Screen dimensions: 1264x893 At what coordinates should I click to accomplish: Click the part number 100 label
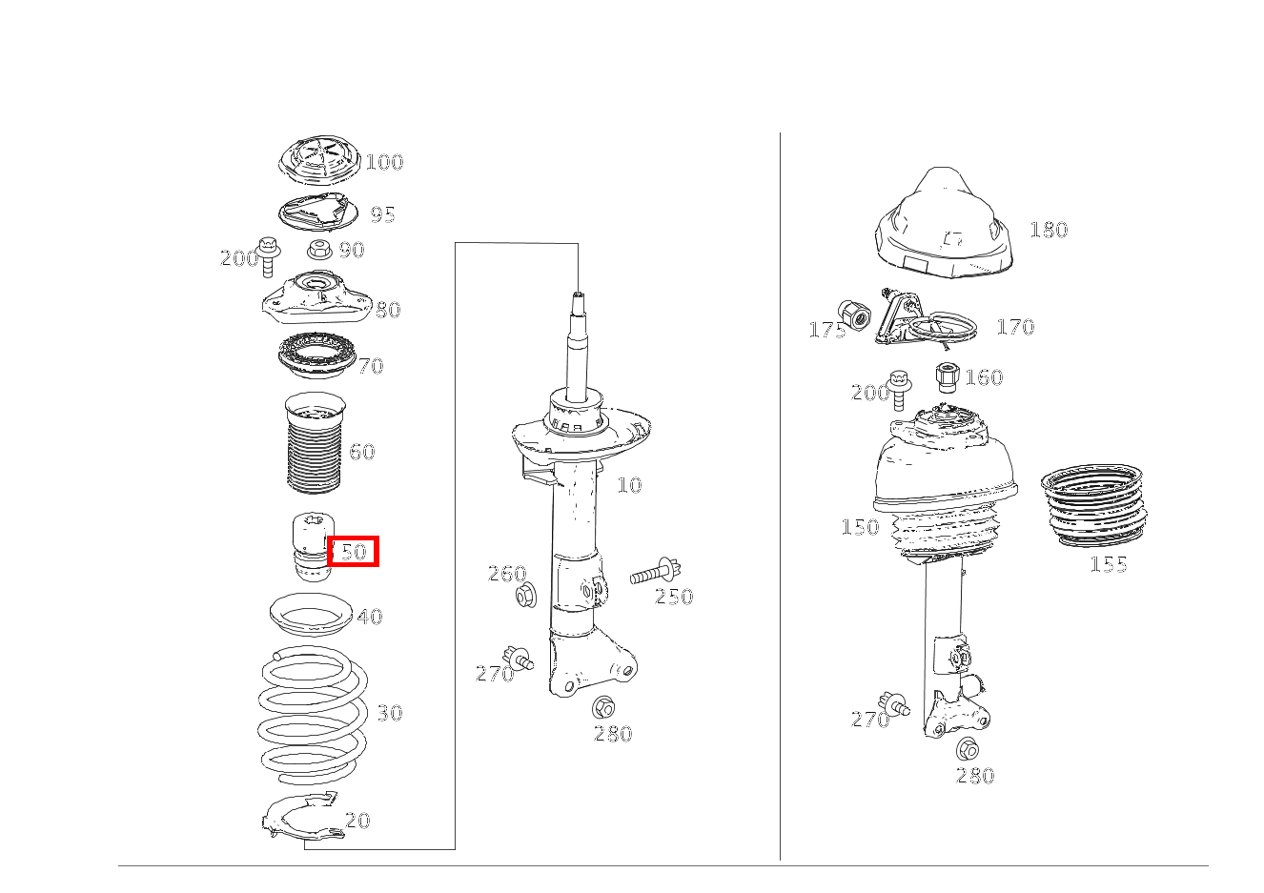click(x=384, y=162)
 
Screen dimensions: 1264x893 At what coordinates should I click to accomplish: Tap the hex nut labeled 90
click(x=319, y=249)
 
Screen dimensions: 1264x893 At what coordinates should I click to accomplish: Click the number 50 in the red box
click(x=354, y=551)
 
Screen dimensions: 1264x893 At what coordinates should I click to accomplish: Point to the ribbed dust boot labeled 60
click(x=315, y=443)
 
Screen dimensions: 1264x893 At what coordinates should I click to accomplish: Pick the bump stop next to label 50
click(x=313, y=546)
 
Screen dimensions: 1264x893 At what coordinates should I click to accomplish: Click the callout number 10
click(x=629, y=485)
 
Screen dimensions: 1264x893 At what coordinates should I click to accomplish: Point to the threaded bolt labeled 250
click(x=656, y=573)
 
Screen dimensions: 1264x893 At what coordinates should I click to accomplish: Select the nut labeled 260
click(x=526, y=596)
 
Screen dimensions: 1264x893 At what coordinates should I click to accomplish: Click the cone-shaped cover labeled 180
click(x=944, y=226)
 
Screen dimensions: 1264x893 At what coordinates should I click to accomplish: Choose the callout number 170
click(x=1016, y=327)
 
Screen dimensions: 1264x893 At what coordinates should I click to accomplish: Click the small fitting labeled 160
click(x=948, y=377)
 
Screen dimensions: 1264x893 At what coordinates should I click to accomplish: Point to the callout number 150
click(x=860, y=527)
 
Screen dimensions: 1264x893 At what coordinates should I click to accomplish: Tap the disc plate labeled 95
click(x=318, y=213)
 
